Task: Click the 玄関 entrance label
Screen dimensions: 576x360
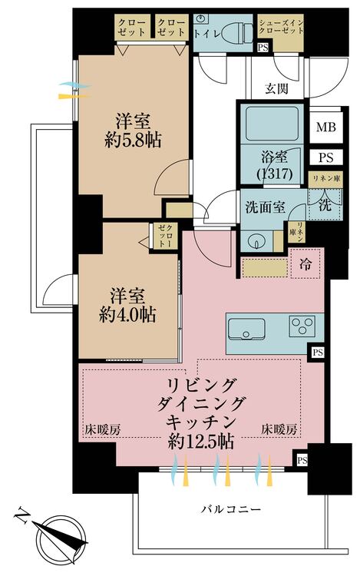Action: click(277, 88)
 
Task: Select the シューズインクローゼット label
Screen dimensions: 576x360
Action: click(281, 28)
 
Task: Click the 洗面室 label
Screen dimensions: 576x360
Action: click(266, 207)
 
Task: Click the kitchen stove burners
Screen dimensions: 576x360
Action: click(300, 326)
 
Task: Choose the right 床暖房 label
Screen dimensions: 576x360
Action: click(279, 429)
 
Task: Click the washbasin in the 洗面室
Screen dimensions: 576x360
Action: click(255, 239)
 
